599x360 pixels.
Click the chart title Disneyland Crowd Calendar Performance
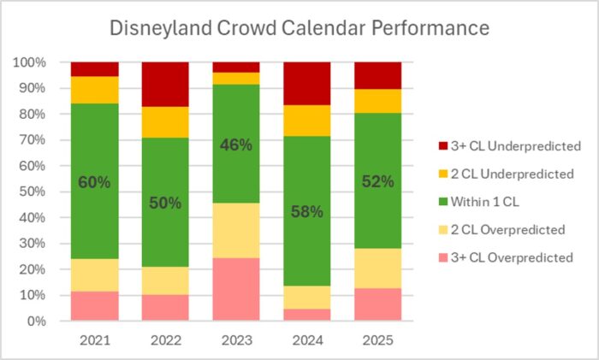pyautogui.click(x=299, y=28)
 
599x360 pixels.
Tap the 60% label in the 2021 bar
pyautogui.click(x=94, y=182)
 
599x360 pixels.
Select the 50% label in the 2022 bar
pyautogui.click(x=165, y=203)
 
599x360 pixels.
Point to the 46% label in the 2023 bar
pyautogui.click(x=236, y=145)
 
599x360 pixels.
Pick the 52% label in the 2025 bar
pyautogui.click(x=377, y=182)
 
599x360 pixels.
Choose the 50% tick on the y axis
pyautogui.click(x=36, y=192)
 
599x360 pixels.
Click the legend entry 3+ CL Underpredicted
pyautogui.click(x=506, y=146)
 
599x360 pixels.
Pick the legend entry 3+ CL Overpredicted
pyautogui.click(x=504, y=257)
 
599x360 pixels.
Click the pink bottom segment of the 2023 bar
pyautogui.click(x=236, y=290)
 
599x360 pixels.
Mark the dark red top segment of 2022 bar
pyautogui.click(x=165, y=84)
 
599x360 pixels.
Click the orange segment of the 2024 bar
pyautogui.click(x=306, y=121)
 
